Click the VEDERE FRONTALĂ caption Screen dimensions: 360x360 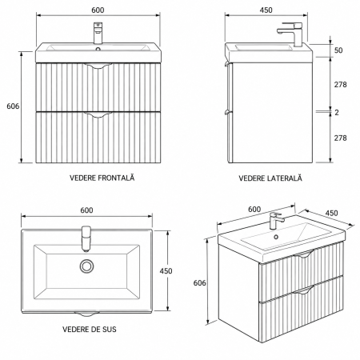tap(102, 178)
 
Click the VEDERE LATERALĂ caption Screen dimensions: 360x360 tap(270, 178)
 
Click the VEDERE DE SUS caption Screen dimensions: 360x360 tap(90, 330)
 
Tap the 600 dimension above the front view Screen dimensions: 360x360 tap(98, 10)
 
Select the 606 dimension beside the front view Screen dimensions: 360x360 tap(13, 106)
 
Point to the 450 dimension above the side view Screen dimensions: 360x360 tap(266, 10)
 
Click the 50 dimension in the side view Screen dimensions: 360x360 tap(338, 50)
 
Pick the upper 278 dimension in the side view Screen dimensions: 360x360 tap(341, 85)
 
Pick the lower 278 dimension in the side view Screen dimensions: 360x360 tap(341, 138)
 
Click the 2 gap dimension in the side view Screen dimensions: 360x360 tap(337, 113)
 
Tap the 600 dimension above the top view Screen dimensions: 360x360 tap(87, 210)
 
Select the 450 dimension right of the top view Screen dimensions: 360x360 tap(166, 271)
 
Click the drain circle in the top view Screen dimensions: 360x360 tap(86, 266)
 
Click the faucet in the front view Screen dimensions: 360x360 tap(98, 33)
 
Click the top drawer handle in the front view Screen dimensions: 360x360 tap(98, 66)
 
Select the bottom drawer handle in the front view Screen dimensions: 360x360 tap(98, 114)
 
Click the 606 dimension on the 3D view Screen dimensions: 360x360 tap(200, 282)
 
